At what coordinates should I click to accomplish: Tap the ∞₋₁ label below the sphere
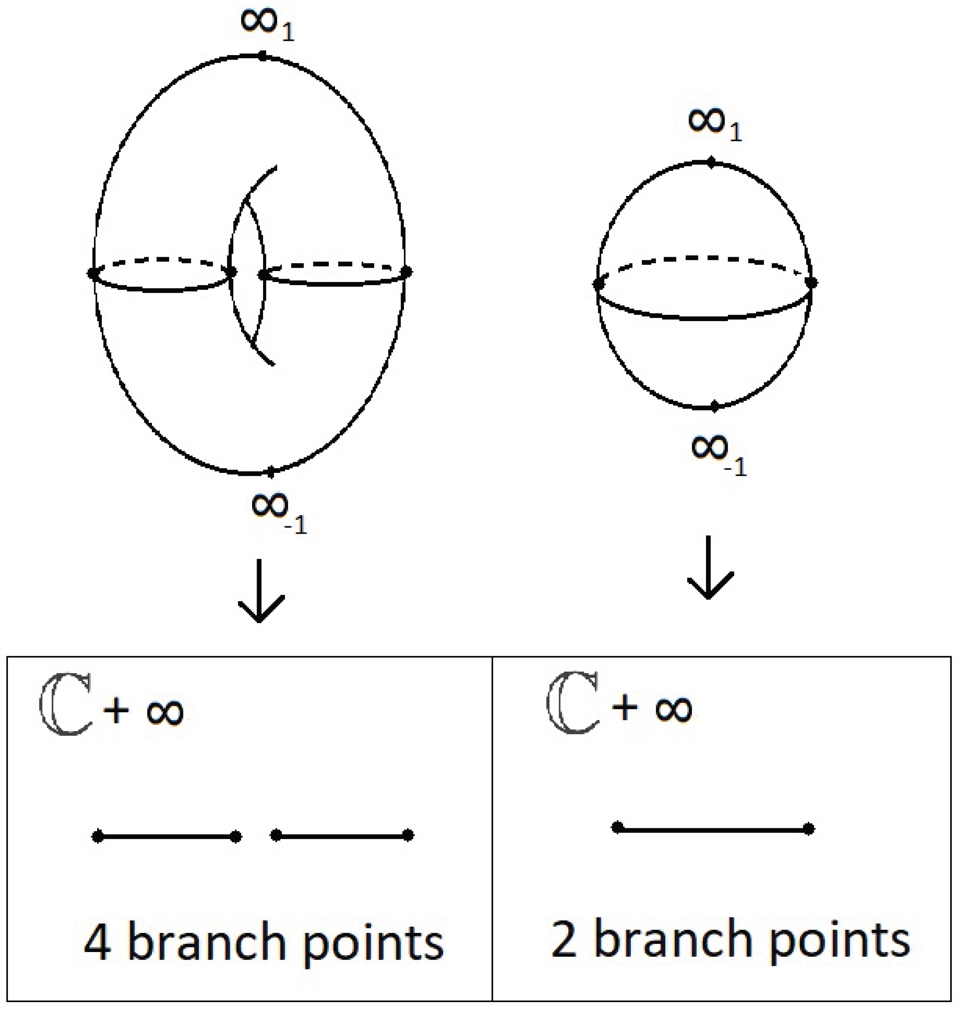(718, 453)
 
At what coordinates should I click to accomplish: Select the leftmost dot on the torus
(93, 273)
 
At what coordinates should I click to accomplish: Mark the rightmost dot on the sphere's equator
(810, 282)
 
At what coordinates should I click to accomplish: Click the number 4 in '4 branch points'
(97, 943)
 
